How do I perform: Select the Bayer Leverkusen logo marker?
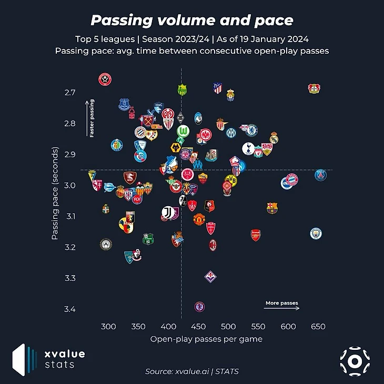tap(314, 88)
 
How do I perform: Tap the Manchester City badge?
tap(315, 233)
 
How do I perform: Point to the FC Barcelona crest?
tap(272, 207)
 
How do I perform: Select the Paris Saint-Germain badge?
tap(320, 175)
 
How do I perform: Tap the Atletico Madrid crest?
tap(218, 88)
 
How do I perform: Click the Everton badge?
tap(124, 104)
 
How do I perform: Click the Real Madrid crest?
tap(274, 138)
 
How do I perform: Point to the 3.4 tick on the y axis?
tap(69, 309)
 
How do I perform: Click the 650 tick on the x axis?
tap(318, 326)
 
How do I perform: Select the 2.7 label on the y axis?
tap(69, 93)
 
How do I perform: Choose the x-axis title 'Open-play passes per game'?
tap(206, 339)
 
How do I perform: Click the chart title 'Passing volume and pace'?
tap(192, 21)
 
